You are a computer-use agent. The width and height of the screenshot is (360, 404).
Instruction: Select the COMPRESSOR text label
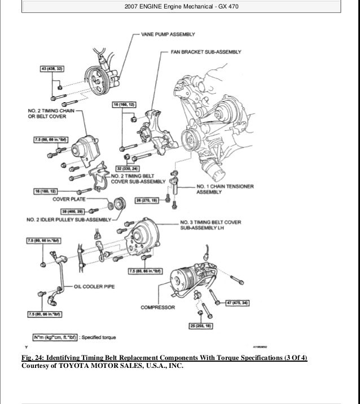[x=157, y=308]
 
